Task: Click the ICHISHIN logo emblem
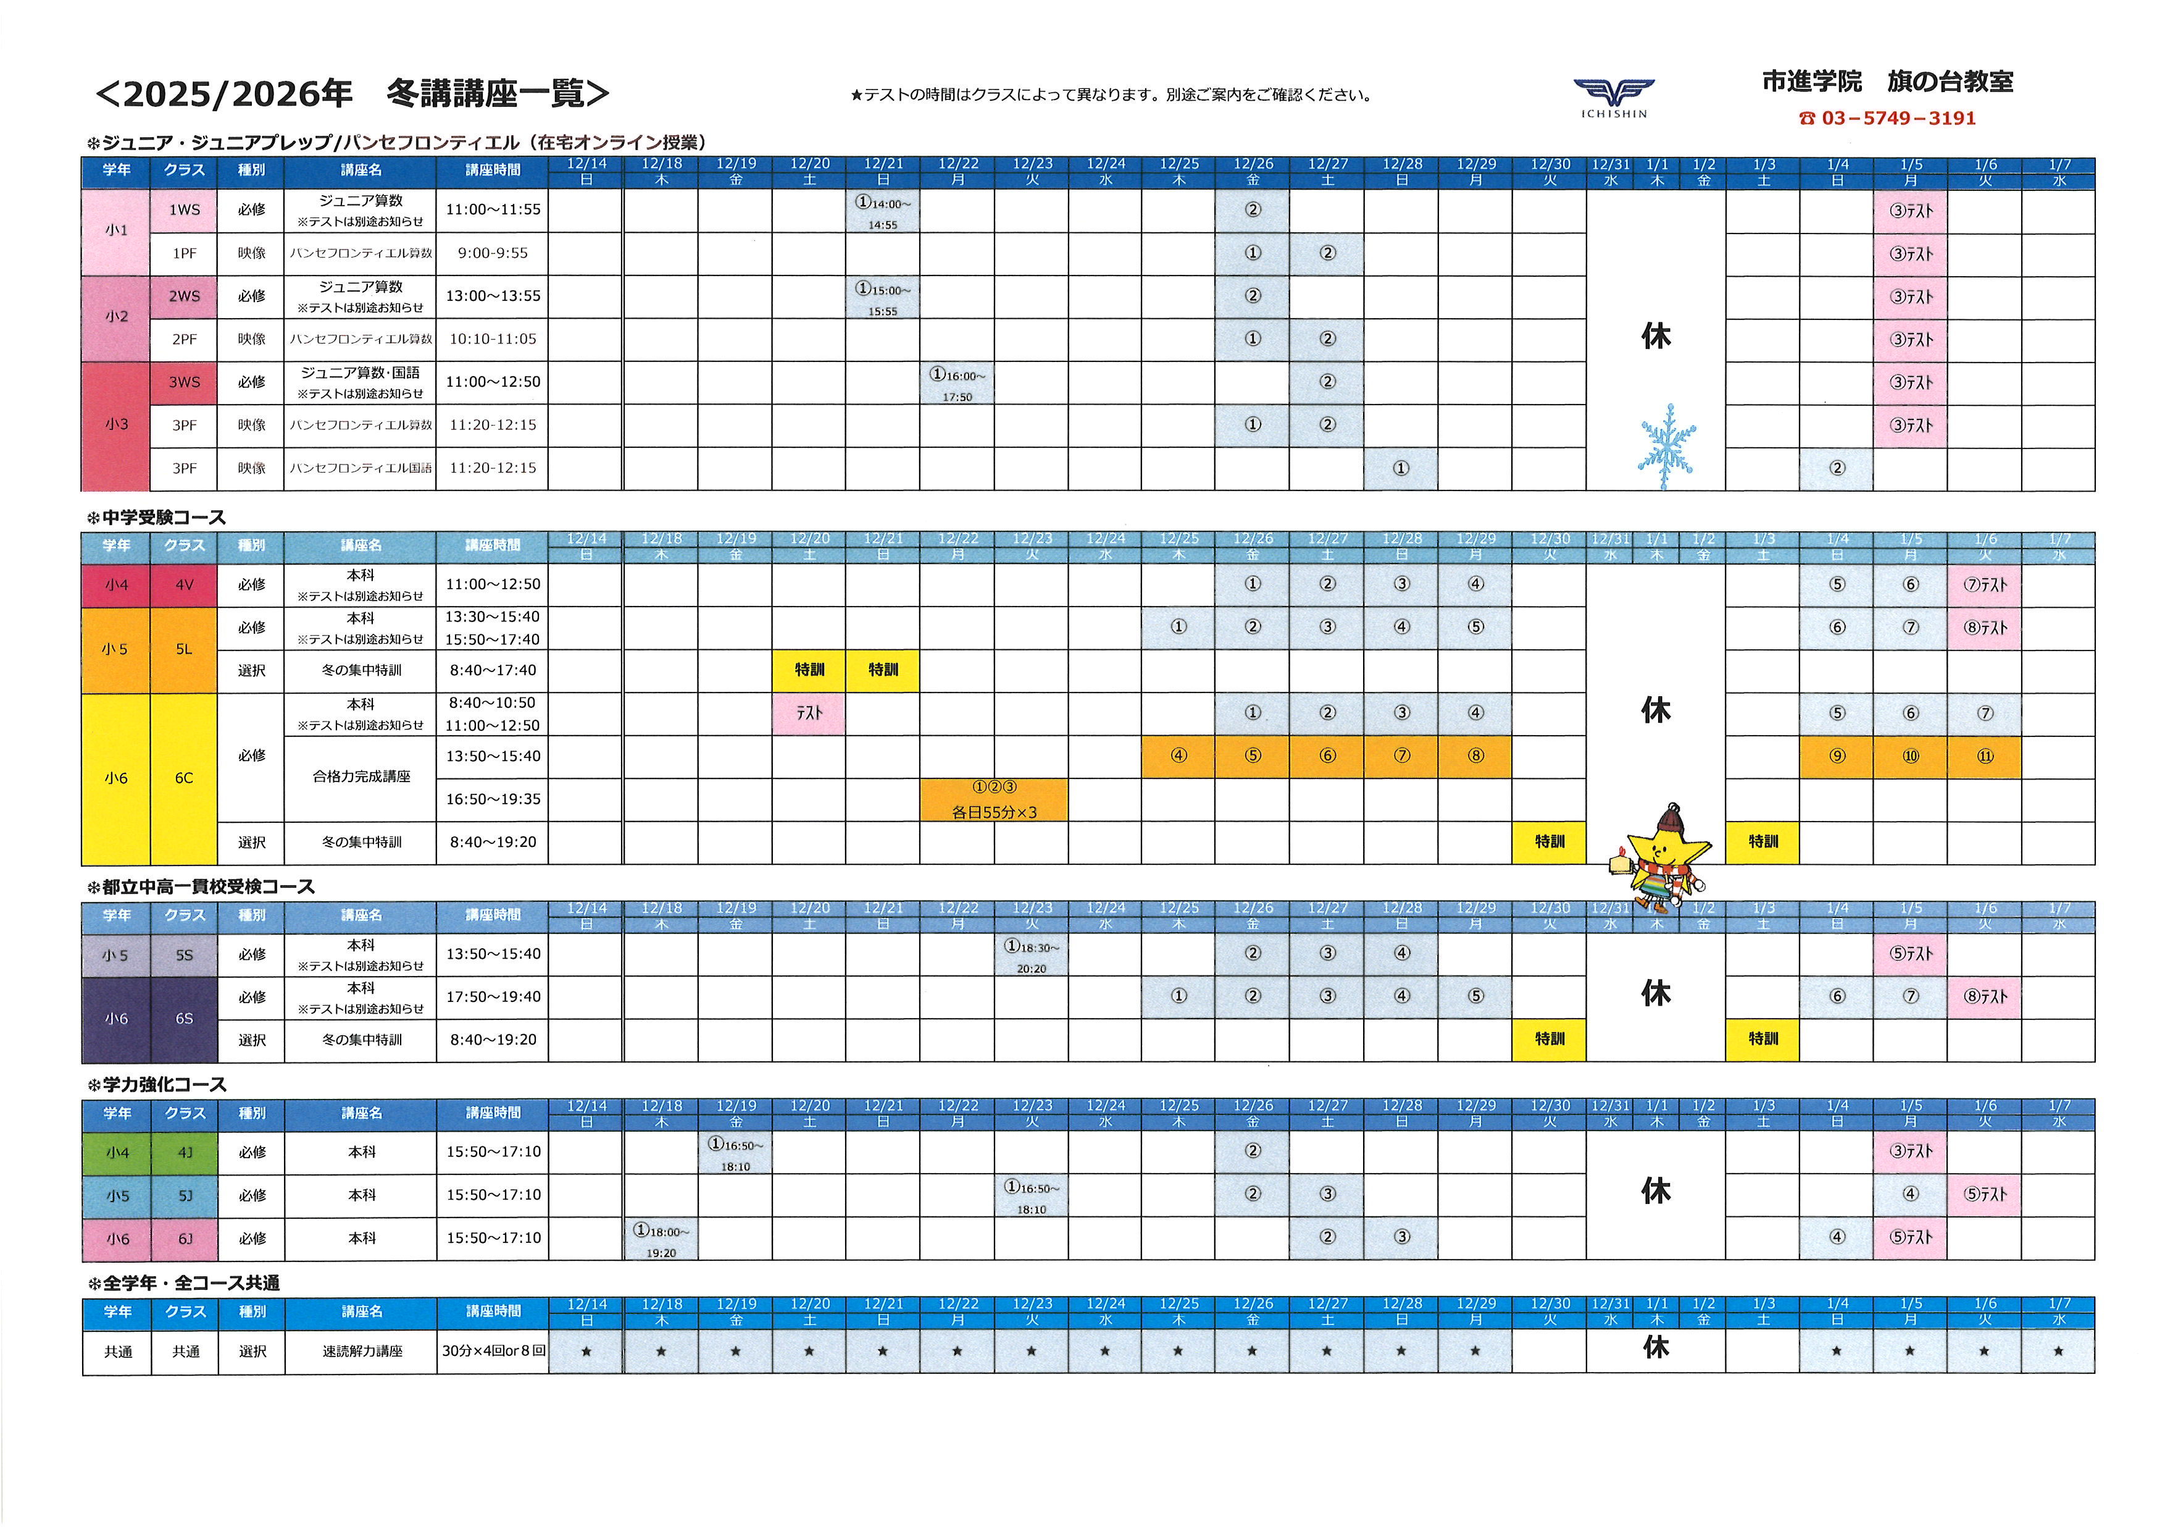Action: pyautogui.click(x=1613, y=95)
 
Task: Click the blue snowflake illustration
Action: pyautogui.click(x=1667, y=446)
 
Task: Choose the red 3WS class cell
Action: pyautogui.click(x=184, y=382)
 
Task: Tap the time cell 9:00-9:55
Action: pyautogui.click(x=492, y=253)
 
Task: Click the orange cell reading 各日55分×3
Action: pyautogui.click(x=994, y=800)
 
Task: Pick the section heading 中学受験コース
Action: pyautogui.click(x=164, y=518)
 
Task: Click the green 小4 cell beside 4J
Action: pyautogui.click(x=117, y=1153)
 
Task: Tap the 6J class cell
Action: pyautogui.click(x=185, y=1239)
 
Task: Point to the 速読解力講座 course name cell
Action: pyautogui.click(x=362, y=1351)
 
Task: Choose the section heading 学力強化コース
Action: pyautogui.click(x=164, y=1085)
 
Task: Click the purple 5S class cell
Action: pyautogui.click(x=184, y=954)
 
